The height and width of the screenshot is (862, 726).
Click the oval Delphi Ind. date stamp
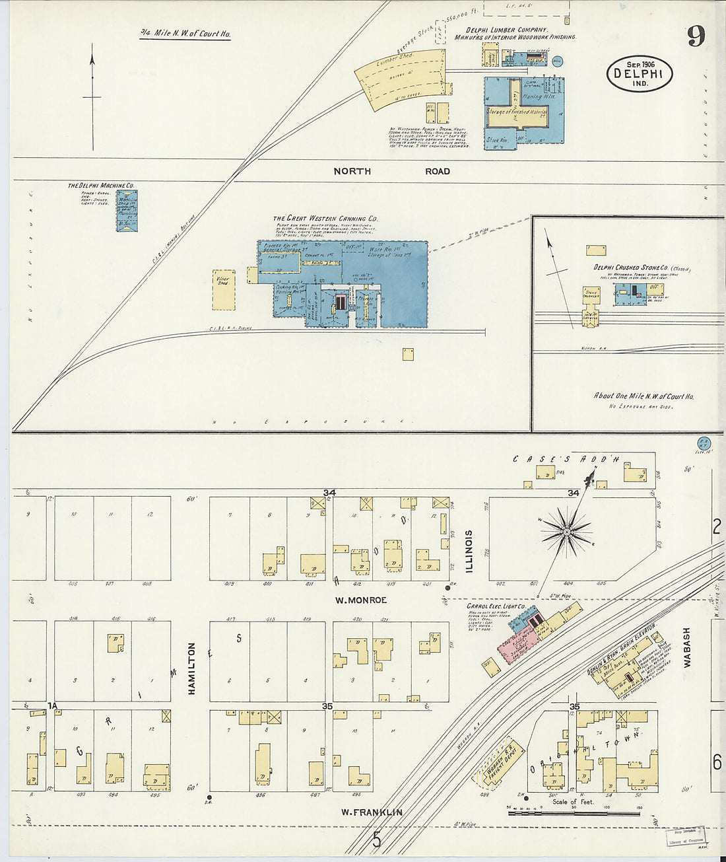639,74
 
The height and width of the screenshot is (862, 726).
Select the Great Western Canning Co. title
325,219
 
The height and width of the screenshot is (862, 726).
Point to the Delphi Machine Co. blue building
127,211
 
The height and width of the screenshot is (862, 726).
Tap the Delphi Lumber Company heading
507,30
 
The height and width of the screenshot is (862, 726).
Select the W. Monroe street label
360,600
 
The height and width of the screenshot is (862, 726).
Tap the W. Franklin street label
372,812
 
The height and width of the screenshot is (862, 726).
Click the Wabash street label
686,647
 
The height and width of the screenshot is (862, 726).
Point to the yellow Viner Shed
223,289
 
